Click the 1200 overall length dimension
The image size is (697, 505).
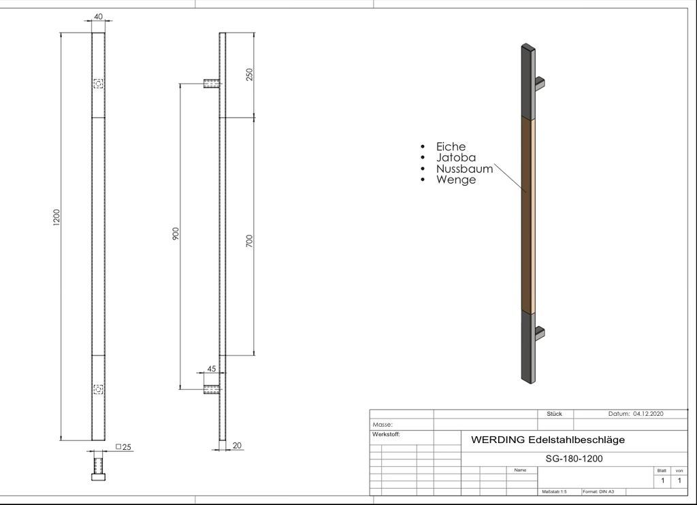point(56,217)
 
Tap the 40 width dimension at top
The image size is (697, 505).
point(98,16)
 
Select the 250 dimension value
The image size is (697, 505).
point(249,74)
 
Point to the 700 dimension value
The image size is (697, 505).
point(249,241)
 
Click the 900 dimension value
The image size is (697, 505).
point(176,234)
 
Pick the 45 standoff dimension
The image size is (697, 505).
point(212,368)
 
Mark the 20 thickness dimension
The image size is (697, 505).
point(237,445)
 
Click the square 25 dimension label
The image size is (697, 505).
point(124,446)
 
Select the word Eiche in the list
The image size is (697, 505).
point(451,146)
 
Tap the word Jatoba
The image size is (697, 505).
point(456,157)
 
